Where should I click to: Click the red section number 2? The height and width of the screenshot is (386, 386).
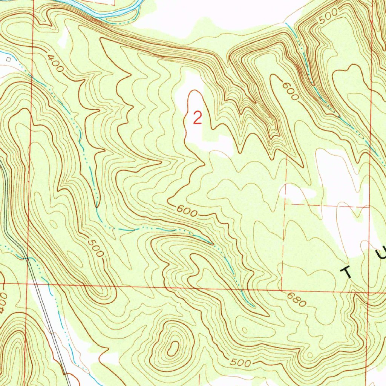click(x=197, y=118)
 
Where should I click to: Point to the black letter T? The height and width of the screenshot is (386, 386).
click(x=347, y=271)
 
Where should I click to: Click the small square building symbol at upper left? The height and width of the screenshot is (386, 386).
click(x=9, y=59)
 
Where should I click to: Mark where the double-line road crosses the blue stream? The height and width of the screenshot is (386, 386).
click(x=28, y=258)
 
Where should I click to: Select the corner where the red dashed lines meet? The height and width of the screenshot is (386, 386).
click(x=285, y=204)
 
